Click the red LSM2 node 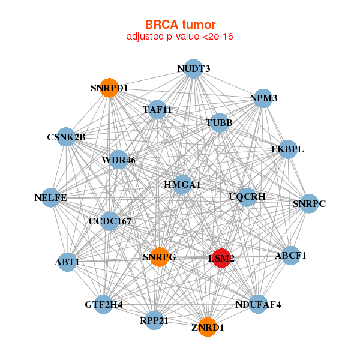[221, 258]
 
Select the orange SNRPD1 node [109, 88]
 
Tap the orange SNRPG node [159, 257]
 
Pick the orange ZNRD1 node [207, 327]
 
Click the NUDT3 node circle [193, 69]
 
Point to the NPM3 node [263, 98]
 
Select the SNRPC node [309, 204]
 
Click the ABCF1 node [290, 256]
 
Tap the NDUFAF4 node [258, 304]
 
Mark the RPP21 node [154, 320]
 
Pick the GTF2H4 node [104, 304]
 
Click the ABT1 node [68, 262]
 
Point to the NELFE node [51, 197]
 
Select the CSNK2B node [66, 137]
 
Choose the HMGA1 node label [182, 184]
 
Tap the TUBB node [219, 123]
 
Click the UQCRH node [247, 196]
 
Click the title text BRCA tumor [180, 25]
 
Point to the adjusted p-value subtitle [180, 37]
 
